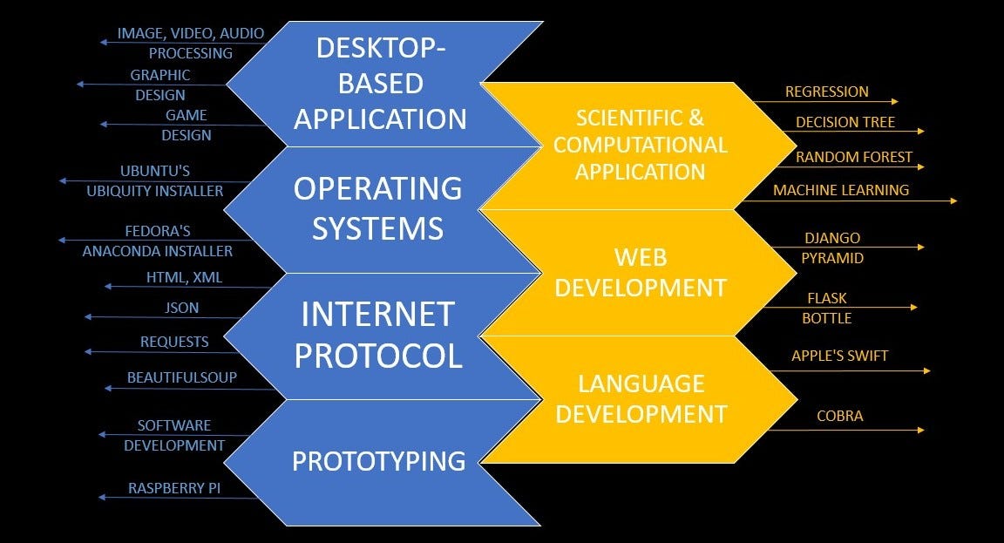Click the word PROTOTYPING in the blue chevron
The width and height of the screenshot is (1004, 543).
tap(378, 461)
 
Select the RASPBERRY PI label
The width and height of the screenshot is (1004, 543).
tap(174, 488)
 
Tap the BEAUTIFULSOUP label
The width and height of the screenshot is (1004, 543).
tap(182, 377)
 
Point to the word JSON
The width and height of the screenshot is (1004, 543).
tap(182, 308)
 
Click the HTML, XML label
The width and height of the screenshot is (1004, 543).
tap(185, 277)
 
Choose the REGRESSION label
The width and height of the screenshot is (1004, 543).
tap(826, 92)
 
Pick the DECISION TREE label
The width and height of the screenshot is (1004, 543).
tap(845, 122)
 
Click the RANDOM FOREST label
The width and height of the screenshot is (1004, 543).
tap(854, 157)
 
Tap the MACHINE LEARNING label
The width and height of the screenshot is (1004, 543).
tap(841, 189)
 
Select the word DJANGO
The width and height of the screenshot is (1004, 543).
tap(832, 238)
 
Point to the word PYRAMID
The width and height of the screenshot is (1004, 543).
tap(832, 258)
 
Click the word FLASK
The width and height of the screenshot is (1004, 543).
tap(826, 298)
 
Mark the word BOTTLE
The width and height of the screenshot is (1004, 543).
tap(826, 318)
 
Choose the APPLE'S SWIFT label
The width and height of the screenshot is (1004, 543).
tap(839, 356)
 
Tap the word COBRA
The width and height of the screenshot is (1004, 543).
tap(839, 416)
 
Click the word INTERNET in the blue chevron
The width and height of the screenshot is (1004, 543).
tap(377, 315)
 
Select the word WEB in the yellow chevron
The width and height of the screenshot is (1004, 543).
tap(641, 257)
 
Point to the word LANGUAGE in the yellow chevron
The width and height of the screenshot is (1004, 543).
tap(641, 383)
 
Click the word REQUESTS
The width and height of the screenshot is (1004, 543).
tap(174, 342)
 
